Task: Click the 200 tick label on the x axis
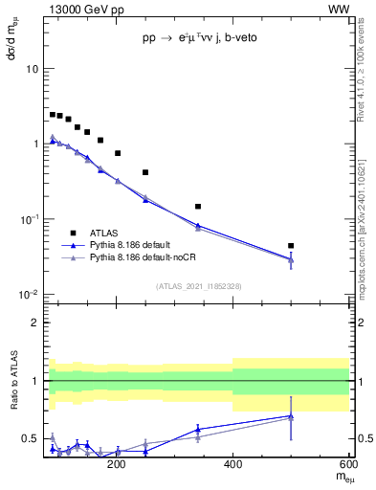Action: click(117, 465)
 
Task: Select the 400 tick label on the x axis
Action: click(233, 465)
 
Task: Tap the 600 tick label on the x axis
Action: click(346, 465)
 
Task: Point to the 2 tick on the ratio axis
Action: click(33, 323)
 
